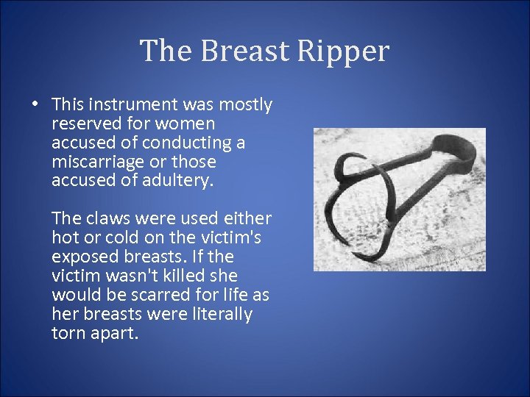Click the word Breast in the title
click(238, 51)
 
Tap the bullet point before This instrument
click(35, 104)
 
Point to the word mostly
click(247, 105)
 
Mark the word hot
click(65, 237)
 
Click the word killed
click(192, 276)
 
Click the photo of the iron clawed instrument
click(400, 199)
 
